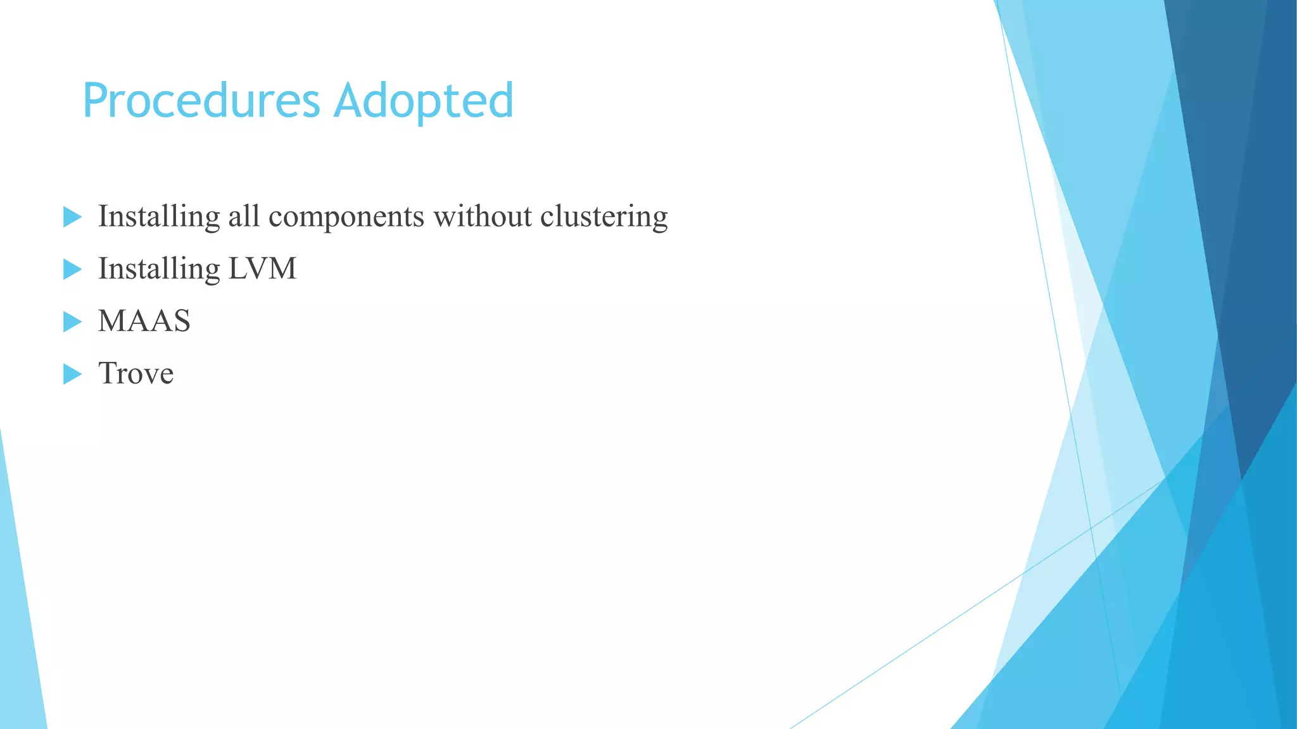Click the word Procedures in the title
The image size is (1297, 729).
point(201,101)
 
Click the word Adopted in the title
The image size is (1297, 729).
point(423,101)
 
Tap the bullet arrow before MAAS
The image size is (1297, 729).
point(72,322)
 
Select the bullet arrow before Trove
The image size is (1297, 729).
point(72,374)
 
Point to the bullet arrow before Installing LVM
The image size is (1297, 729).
point(72,270)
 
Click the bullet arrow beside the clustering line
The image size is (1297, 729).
point(72,218)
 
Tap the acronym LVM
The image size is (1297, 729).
point(262,269)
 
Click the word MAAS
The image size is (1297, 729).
point(144,321)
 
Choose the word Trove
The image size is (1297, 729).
point(136,373)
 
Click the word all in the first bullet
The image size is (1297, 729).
point(244,217)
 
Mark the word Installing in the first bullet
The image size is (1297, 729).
point(159,217)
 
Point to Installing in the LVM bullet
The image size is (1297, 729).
point(159,269)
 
